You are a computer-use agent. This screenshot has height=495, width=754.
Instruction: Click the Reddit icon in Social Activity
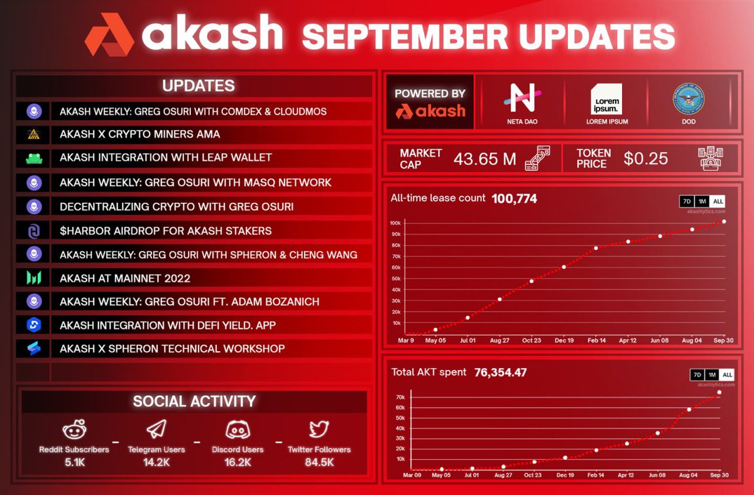point(74,431)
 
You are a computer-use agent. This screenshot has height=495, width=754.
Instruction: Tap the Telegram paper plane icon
point(156,430)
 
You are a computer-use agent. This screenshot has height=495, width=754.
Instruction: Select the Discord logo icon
point(238,430)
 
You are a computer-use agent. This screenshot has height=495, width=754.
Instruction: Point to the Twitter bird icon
point(319,430)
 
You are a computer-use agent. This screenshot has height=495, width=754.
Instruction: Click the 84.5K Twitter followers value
point(319,462)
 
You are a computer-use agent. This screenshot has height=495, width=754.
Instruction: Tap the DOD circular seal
point(688,98)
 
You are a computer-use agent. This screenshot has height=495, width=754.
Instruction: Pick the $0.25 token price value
point(645,158)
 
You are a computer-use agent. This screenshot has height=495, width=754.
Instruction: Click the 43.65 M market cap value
point(484,158)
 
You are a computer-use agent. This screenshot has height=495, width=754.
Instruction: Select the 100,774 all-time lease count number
point(514,199)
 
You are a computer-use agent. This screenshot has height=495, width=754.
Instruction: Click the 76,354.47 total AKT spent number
point(500,372)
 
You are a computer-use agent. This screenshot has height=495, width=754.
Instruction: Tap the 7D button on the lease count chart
point(687,202)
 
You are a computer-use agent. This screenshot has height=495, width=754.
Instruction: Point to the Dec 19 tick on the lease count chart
point(564,340)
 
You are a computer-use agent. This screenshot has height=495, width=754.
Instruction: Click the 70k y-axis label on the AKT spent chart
point(400,398)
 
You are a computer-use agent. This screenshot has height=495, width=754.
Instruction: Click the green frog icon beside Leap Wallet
point(33,158)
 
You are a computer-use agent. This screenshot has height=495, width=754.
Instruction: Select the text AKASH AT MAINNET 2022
point(124,278)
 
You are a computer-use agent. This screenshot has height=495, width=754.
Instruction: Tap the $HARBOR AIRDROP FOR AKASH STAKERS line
point(166,231)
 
